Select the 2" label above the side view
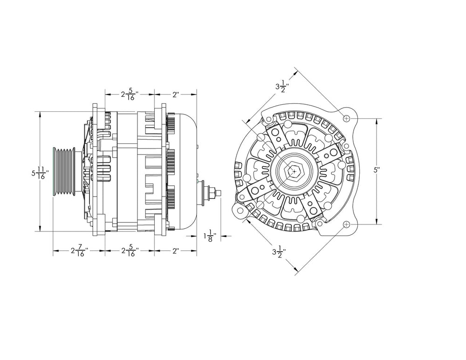(x=176, y=95)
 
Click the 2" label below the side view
(x=176, y=251)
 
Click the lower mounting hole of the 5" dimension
(x=346, y=224)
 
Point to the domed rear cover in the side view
(x=184, y=171)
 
